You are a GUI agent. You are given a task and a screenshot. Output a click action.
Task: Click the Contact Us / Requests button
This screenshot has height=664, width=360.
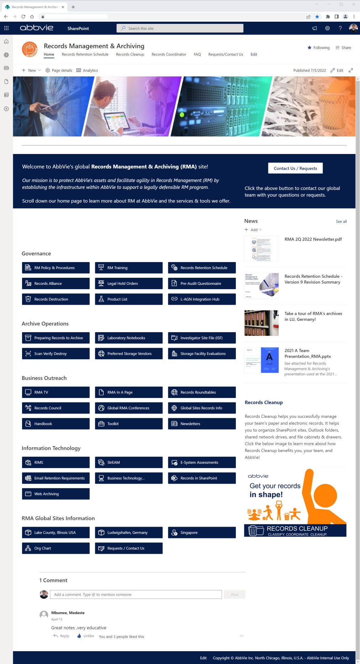coord(295,168)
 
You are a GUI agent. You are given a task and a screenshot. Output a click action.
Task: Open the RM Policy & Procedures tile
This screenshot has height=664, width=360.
coord(55,268)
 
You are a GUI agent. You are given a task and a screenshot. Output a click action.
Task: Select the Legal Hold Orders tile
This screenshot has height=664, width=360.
coord(128,283)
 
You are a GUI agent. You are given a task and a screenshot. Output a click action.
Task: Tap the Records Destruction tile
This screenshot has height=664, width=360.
coord(55,299)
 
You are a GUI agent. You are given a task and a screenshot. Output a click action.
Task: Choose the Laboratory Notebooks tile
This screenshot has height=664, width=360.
coord(128,338)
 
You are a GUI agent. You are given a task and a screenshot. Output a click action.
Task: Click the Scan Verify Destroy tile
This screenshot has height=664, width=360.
coord(55,354)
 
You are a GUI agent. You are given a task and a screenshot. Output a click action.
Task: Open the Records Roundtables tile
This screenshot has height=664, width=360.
coord(201,392)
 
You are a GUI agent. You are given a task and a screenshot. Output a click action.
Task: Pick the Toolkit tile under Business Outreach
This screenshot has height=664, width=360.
coord(128,424)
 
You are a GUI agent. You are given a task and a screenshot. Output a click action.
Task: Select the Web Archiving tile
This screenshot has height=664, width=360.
coord(55,494)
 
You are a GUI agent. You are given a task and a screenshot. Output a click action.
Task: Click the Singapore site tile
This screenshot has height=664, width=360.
coord(201,532)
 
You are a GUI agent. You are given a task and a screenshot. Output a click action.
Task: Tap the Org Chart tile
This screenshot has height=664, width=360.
coord(55,548)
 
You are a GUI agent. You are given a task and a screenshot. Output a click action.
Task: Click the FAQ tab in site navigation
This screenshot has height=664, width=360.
coord(197,54)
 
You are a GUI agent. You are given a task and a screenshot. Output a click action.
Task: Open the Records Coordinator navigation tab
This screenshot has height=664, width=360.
coord(169,54)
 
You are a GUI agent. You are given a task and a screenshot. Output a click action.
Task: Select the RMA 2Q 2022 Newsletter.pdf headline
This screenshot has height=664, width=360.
coord(313,239)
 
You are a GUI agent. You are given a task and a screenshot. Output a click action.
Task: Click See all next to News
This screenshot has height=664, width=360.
coord(341,222)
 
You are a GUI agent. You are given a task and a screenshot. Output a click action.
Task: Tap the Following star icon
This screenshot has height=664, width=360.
coord(309,48)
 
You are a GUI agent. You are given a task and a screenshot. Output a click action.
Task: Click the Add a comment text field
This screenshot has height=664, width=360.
coord(136,594)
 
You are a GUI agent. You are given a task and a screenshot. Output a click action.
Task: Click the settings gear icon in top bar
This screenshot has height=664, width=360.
coord(327,28)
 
